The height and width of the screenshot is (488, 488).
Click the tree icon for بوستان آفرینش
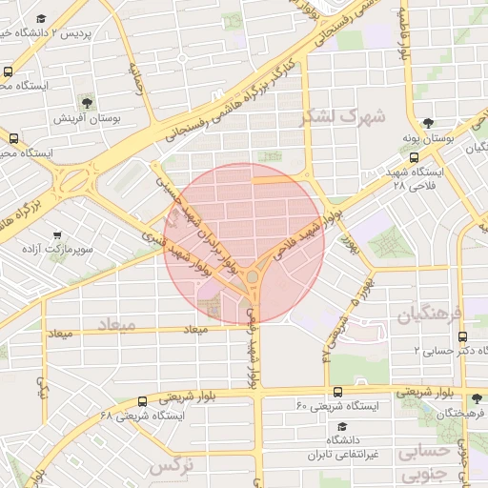88,102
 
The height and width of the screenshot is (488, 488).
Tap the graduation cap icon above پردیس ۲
42,19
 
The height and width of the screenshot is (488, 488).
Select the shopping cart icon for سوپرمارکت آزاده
59,235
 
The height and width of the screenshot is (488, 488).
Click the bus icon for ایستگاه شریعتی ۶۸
142,402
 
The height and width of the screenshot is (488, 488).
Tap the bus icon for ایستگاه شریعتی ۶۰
338,392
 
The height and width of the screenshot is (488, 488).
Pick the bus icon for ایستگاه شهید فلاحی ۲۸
413,157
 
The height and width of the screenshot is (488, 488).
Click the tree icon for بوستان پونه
428,123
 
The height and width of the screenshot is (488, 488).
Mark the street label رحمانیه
140,82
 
